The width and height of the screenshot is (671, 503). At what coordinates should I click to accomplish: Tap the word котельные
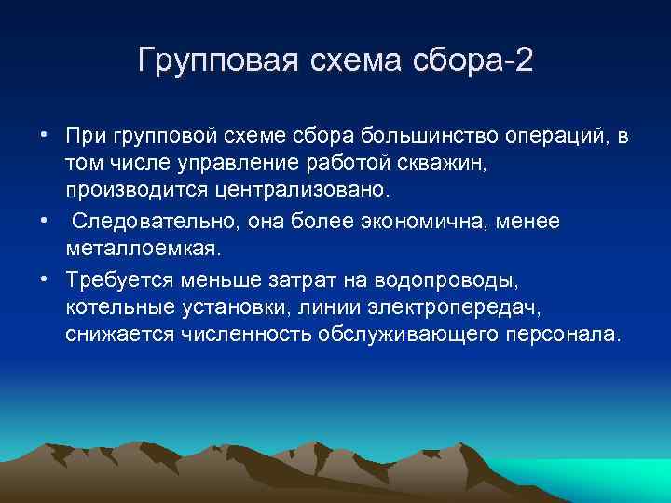116,307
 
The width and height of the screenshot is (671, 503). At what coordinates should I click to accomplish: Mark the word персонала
556,335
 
